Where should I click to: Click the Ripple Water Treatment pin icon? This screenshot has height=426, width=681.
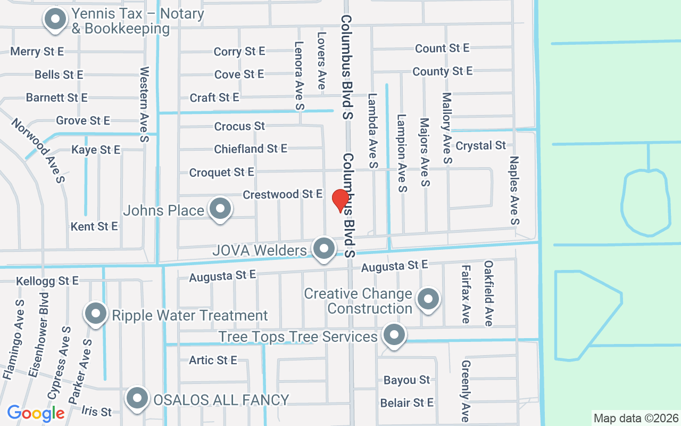(x=96, y=314)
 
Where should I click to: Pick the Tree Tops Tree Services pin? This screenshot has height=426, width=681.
(x=394, y=335)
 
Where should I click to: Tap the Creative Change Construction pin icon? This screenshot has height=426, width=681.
(x=428, y=299)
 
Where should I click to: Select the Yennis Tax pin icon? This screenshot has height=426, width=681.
(x=55, y=20)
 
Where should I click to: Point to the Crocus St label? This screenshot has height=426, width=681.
(x=239, y=126)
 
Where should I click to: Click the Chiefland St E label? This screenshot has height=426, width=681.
(x=251, y=149)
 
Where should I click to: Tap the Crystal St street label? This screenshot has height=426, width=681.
(x=481, y=145)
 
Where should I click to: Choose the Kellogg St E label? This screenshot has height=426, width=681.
(x=47, y=281)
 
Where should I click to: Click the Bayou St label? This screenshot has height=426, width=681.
(x=406, y=380)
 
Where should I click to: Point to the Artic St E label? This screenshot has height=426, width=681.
(x=213, y=361)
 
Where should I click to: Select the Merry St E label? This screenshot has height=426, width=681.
(x=37, y=52)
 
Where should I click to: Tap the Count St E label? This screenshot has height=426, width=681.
(x=442, y=48)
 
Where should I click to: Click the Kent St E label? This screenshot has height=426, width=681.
(x=94, y=227)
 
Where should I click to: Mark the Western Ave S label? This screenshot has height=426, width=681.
(x=144, y=104)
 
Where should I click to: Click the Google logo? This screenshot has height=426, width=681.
(x=36, y=413)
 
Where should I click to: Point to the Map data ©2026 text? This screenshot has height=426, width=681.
(x=636, y=418)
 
